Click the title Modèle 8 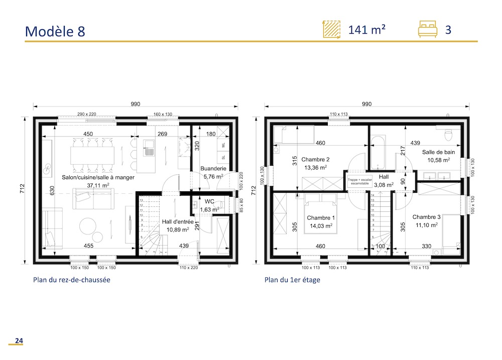click(55, 31)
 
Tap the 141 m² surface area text click(367, 30)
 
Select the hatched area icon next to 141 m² click(331, 30)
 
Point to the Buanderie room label click(213, 169)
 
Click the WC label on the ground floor click(209, 201)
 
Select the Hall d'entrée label click(178, 221)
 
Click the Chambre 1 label click(322, 218)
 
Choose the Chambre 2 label click(315, 159)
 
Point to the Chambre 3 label click(426, 217)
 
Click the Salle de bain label click(438, 152)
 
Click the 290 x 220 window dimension click(86, 114)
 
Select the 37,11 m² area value click(99, 185)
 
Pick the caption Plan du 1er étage click(292, 280)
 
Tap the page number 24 click(19, 341)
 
